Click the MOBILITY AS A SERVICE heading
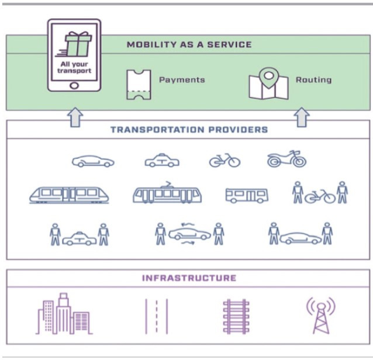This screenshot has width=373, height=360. (189, 44)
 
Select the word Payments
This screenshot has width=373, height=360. (182, 79)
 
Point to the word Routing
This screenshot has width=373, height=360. (313, 79)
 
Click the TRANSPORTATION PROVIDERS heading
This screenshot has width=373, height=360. (189, 129)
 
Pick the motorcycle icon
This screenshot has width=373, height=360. (286, 159)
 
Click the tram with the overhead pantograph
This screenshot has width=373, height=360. (167, 193)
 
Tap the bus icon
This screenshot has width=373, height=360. (247, 195)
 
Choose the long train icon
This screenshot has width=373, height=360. (69, 195)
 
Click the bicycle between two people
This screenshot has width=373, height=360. (320, 196)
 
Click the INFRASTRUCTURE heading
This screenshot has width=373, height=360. (189, 278)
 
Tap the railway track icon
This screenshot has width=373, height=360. (236, 316)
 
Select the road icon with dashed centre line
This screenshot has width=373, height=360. (156, 316)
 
